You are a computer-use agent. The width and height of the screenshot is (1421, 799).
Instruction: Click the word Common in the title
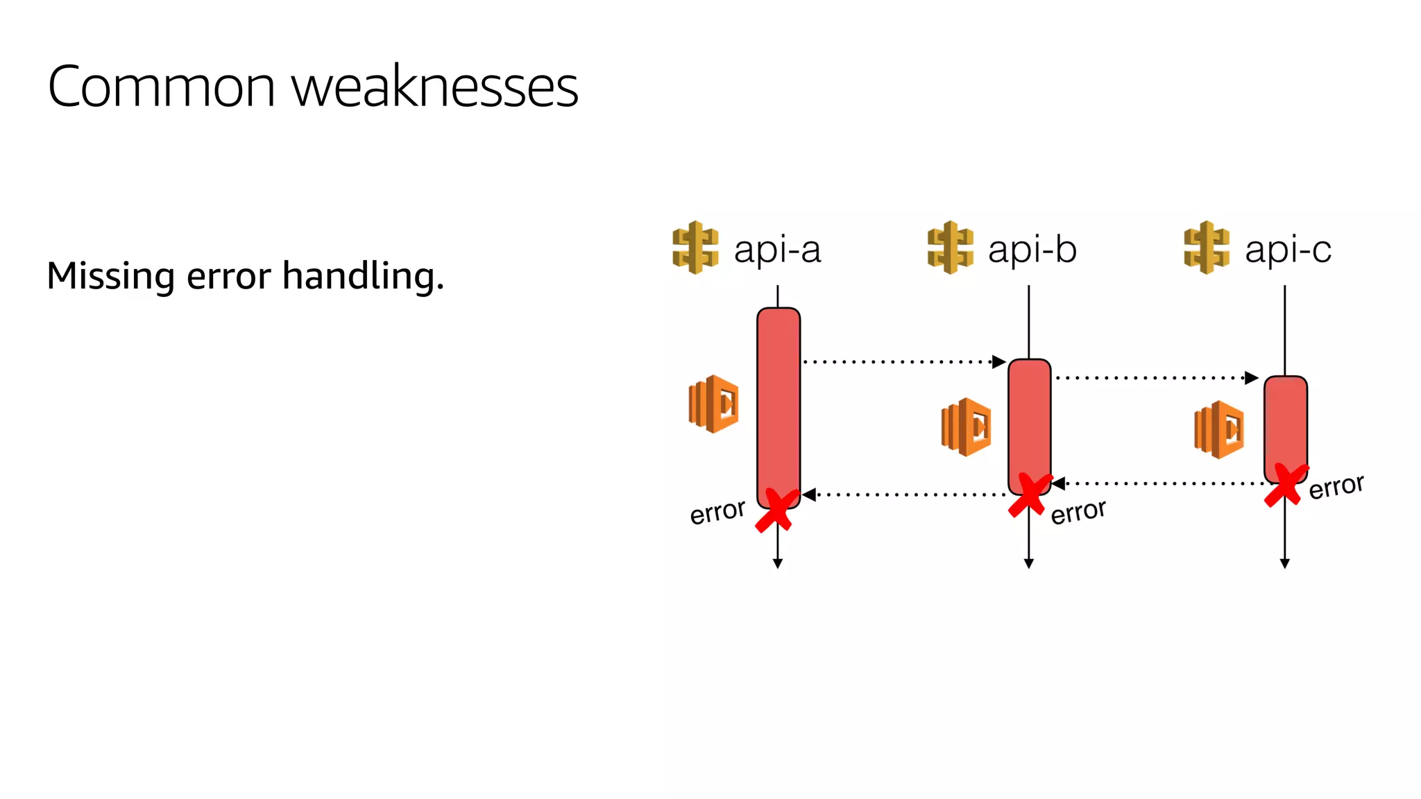pos(162,87)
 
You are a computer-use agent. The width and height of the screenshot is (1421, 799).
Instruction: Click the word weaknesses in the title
pos(434,87)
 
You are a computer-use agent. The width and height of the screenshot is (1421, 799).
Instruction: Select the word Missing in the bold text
pos(110,275)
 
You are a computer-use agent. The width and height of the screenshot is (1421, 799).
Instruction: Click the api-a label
pos(777,249)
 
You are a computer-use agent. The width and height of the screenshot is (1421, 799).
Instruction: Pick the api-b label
pos(1032,249)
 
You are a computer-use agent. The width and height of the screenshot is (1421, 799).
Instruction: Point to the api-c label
pos(1288,249)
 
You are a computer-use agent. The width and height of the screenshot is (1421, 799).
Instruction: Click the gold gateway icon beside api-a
pos(695,248)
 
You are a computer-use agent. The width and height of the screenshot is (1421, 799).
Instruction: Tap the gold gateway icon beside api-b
pos(950,248)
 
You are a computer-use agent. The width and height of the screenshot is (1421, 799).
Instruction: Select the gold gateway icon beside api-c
pos(1207,248)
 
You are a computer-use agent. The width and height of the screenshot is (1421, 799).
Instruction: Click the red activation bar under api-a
pos(778,402)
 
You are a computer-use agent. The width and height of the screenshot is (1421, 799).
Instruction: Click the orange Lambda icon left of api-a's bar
pos(713,404)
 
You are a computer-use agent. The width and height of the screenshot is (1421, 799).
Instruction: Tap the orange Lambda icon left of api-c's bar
pos(1219,429)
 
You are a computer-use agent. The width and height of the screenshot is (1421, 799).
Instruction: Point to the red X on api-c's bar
pos(1286,484)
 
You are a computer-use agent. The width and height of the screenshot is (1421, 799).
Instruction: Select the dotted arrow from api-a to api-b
pos(902,361)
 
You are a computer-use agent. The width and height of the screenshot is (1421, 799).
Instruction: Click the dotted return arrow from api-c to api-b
pos(1159,483)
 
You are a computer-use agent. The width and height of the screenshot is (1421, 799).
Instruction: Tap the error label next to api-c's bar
pos(1336,487)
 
